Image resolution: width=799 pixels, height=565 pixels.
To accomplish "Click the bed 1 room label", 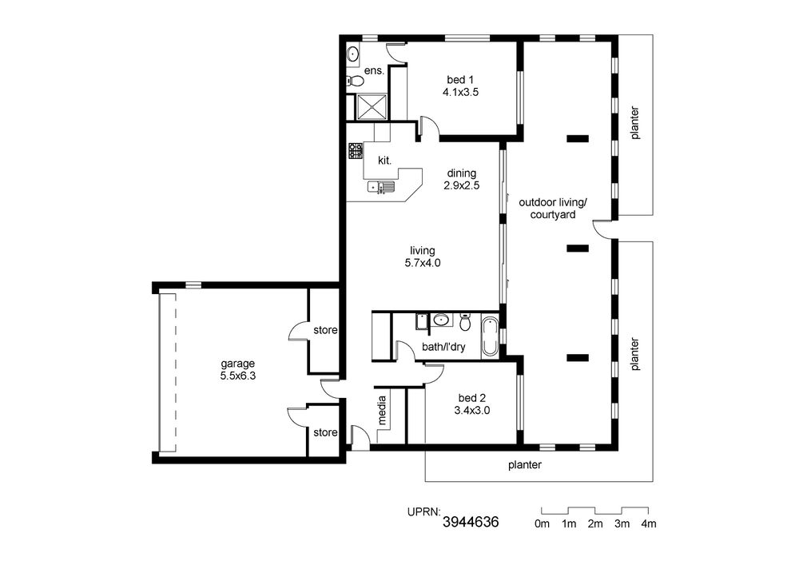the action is point(460,80).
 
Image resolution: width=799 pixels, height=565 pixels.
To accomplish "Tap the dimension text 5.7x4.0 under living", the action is point(423,264).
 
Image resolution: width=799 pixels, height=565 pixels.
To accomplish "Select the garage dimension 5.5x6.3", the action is point(237,376).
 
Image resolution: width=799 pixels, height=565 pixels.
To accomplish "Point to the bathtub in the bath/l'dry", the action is point(490,336).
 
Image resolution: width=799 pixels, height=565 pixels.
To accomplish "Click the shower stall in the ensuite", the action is point(371,107).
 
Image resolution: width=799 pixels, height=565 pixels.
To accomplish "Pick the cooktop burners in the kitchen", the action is point(356,151).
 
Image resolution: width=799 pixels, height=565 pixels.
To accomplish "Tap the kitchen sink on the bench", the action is point(381,187).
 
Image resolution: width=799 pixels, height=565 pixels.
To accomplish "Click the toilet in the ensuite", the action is point(356,81).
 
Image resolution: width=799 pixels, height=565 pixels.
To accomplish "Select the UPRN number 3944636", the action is point(471,522).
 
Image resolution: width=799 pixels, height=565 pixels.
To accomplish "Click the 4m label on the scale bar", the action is point(648,523).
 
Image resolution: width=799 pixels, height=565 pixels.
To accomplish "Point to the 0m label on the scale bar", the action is point(543,523).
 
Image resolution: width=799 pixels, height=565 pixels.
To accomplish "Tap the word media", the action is point(382,411).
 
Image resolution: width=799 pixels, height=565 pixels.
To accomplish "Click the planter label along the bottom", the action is point(524,465).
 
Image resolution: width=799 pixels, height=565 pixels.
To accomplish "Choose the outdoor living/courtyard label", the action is point(553,209).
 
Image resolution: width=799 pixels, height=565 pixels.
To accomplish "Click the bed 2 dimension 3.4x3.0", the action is point(472,411).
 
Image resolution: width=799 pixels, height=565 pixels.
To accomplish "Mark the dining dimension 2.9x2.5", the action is point(461,186).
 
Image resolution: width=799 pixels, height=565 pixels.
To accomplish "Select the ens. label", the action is point(374,71).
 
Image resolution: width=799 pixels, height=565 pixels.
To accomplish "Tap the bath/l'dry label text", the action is point(443,348).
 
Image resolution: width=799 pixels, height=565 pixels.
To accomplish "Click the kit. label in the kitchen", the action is point(385,161).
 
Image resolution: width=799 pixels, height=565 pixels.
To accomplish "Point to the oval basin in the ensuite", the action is point(352,54).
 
